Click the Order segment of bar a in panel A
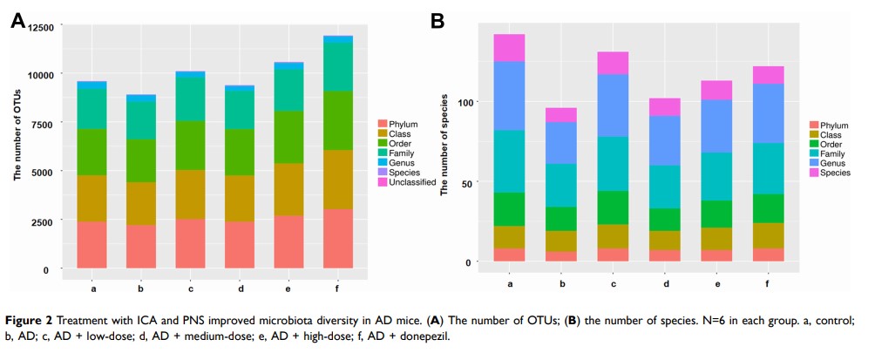tap(92, 153)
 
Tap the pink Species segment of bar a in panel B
tap(509, 48)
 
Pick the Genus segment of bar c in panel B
tap(613, 105)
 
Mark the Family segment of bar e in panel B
tap(716, 177)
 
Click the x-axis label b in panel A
tap(141, 286)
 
